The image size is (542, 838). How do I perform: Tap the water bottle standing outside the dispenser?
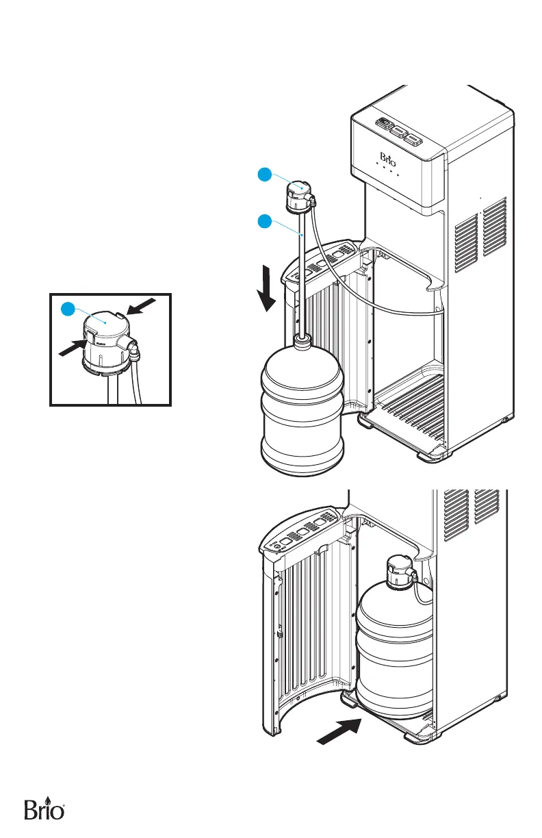point(303,411)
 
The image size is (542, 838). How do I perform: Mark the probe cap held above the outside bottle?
point(299,195)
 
